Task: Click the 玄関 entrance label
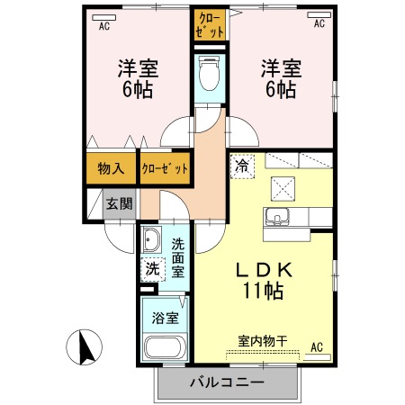pos(120,203)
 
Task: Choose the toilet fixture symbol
pos(209,74)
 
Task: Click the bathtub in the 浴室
pos(164,349)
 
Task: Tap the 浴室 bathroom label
pos(163,317)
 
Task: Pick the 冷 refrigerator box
pos(241,166)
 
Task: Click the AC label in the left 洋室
pos(103,25)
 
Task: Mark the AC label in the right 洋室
pos(319,25)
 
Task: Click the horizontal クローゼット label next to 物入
pos(165,168)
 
